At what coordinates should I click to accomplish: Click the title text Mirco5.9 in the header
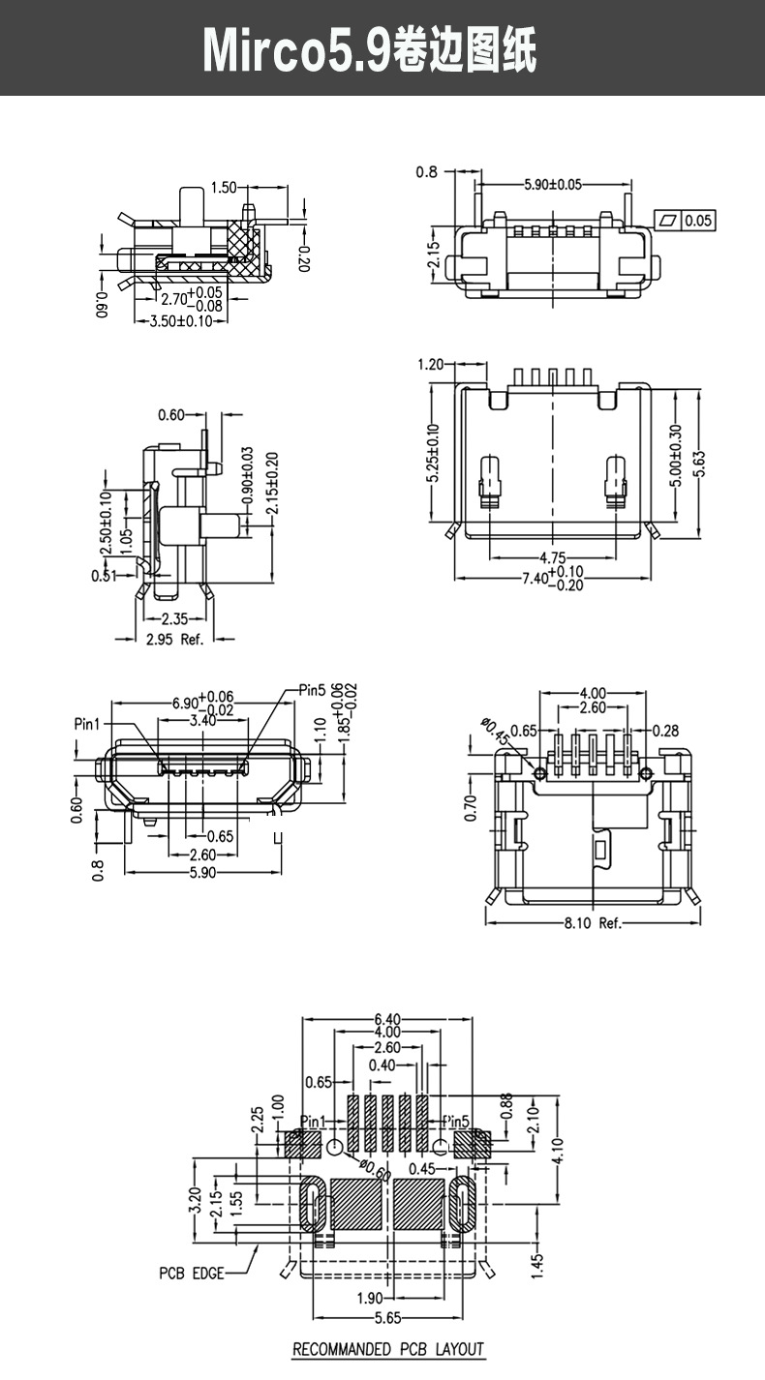coord(296,50)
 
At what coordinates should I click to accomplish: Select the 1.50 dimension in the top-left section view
coord(223,187)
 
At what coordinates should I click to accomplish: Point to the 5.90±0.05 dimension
coord(553,184)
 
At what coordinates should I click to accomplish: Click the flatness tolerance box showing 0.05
coord(697,221)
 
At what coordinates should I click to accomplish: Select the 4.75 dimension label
coord(552,558)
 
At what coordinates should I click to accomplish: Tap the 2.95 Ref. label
coord(174,640)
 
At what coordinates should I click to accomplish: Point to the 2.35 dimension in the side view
coord(174,619)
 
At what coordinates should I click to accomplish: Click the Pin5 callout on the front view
coord(312,690)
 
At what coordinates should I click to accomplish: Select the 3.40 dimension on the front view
coord(202,720)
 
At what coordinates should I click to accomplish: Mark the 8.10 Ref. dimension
coord(593,922)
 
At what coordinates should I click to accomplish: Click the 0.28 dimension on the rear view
coord(665,730)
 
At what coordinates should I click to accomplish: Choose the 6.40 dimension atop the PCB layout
coord(387,1019)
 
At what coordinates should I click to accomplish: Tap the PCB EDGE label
coord(191,1273)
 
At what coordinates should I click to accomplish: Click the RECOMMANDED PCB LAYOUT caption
coord(387,1349)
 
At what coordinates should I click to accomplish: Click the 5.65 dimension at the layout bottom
coord(390,1318)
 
